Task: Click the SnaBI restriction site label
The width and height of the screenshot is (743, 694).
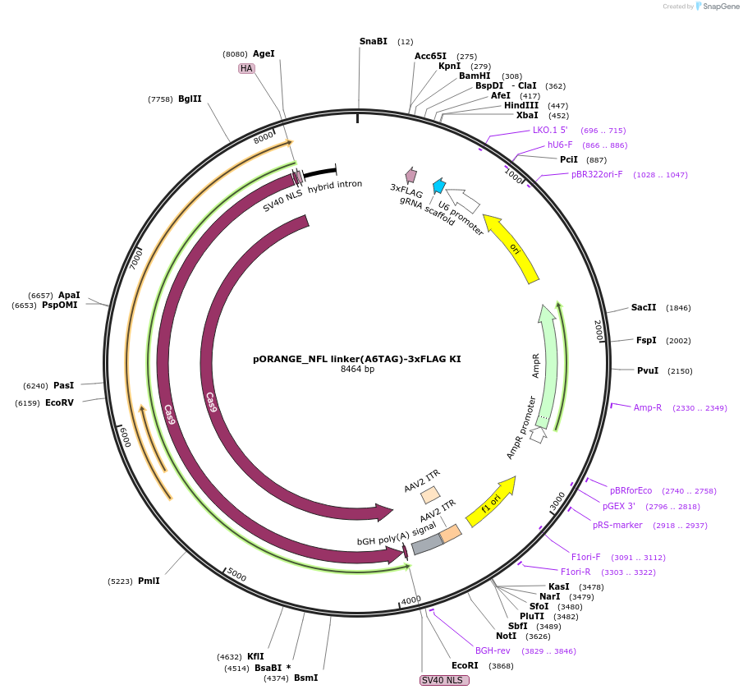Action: click(373, 41)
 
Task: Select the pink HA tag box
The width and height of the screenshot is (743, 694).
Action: click(246, 68)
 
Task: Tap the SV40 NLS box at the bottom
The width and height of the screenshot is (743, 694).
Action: click(444, 680)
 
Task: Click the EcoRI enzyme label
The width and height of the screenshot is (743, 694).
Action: click(465, 665)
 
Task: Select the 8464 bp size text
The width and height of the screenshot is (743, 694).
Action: click(357, 370)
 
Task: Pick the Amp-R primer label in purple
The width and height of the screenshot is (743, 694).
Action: click(648, 407)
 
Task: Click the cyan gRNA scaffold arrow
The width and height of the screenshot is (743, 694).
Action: click(439, 186)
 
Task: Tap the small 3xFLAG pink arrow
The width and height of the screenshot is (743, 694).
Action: click(411, 174)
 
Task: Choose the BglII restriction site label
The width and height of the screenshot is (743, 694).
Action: click(190, 99)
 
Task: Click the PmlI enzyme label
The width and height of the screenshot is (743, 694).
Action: click(149, 581)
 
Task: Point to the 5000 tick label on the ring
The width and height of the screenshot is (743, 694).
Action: click(236, 574)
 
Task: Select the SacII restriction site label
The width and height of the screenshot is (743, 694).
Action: click(644, 308)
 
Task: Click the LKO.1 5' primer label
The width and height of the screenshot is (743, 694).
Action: click(550, 130)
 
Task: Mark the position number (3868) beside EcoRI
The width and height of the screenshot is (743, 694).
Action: click(501, 666)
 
